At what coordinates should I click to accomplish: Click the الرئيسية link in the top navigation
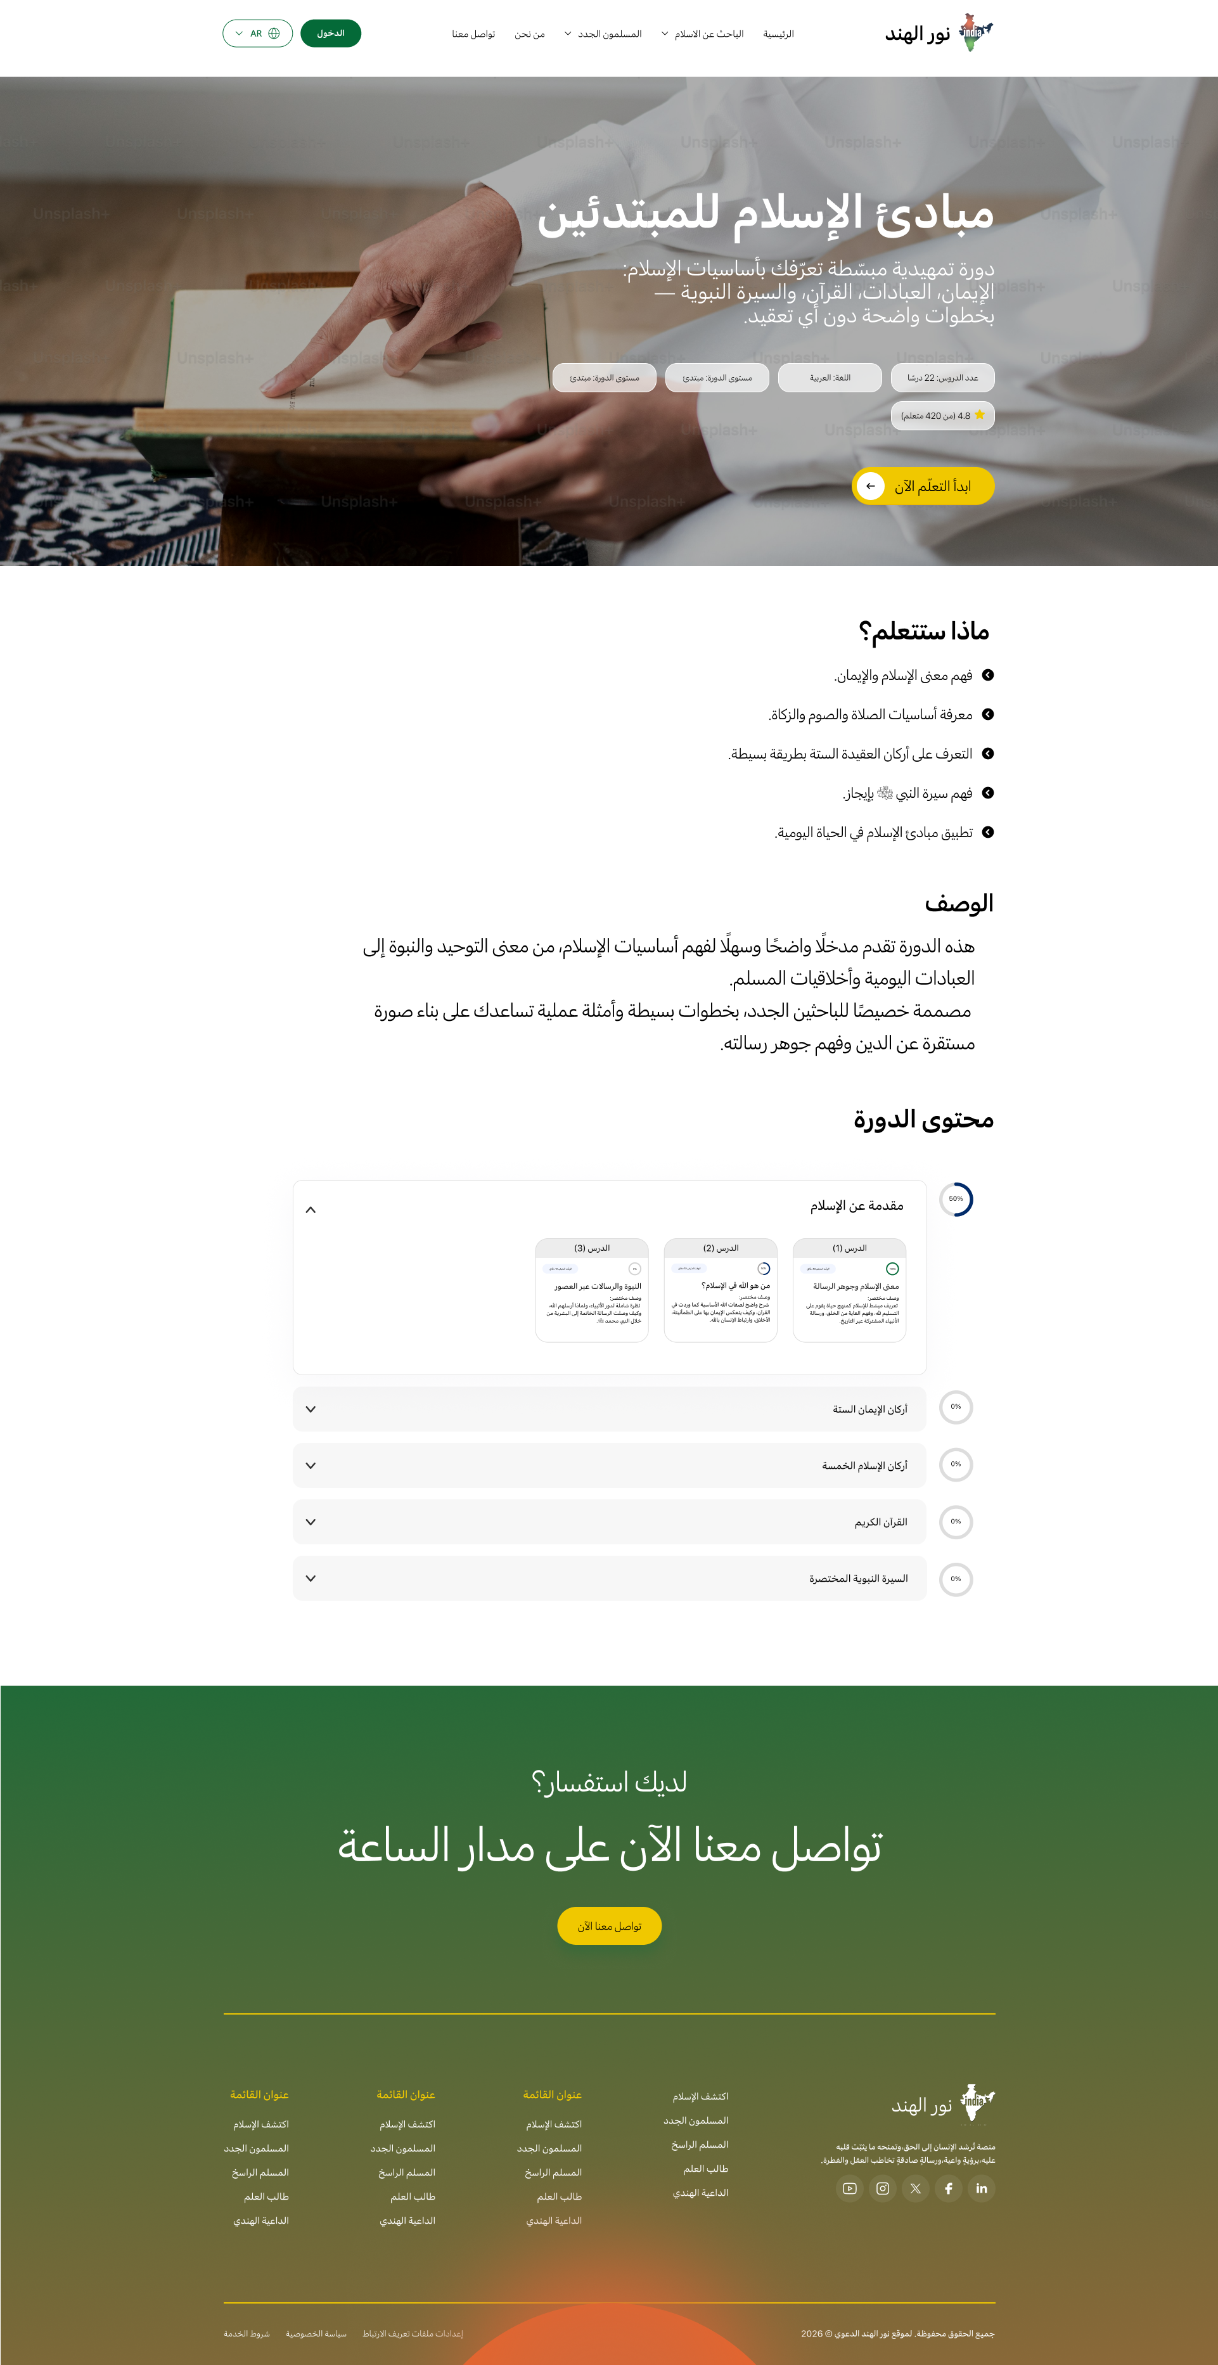pyautogui.click(x=778, y=35)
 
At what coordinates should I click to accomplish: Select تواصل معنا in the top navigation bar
pyautogui.click(x=473, y=35)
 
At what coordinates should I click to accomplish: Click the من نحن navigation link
pyautogui.click(x=530, y=35)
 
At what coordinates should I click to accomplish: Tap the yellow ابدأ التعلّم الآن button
pyautogui.click(x=923, y=487)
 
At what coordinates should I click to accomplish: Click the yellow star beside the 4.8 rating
pyautogui.click(x=979, y=415)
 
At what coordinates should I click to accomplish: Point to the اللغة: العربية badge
pyautogui.click(x=830, y=377)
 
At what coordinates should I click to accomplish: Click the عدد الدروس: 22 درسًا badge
pyautogui.click(x=942, y=377)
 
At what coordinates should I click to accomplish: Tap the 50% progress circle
pyautogui.click(x=956, y=1199)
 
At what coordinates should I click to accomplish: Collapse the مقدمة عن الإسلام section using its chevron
pyautogui.click(x=311, y=1210)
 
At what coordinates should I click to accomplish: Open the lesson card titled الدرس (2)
pyautogui.click(x=721, y=1290)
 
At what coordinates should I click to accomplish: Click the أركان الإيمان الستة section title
pyautogui.click(x=869, y=1409)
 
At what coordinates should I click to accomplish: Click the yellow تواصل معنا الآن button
pyautogui.click(x=610, y=1926)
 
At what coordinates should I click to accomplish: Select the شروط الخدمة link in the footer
pyautogui.click(x=247, y=2333)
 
